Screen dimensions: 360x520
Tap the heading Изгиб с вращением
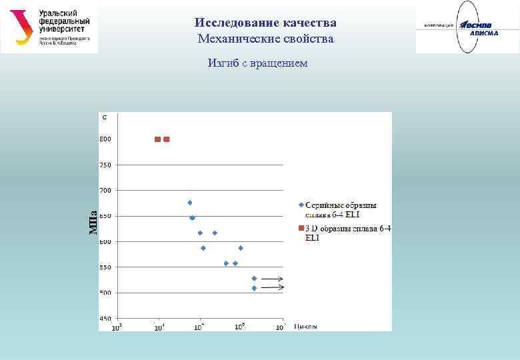tap(257, 63)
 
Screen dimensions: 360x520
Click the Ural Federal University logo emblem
tap(22, 27)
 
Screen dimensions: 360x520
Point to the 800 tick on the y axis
tap(105, 139)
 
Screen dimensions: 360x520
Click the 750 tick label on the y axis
tap(105, 165)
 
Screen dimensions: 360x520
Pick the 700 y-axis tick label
tap(105, 191)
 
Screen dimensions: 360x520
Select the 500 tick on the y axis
tap(105, 293)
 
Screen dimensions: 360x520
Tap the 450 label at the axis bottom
tap(105, 319)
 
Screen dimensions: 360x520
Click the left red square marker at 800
tap(158, 139)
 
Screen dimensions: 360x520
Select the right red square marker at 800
tap(167, 139)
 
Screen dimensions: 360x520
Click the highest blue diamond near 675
tap(190, 203)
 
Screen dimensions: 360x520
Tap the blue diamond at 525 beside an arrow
tap(254, 278)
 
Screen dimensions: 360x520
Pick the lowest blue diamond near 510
tap(254, 288)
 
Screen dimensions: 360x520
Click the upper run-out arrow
tap(271, 279)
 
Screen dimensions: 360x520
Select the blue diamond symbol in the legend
tap(301, 205)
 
